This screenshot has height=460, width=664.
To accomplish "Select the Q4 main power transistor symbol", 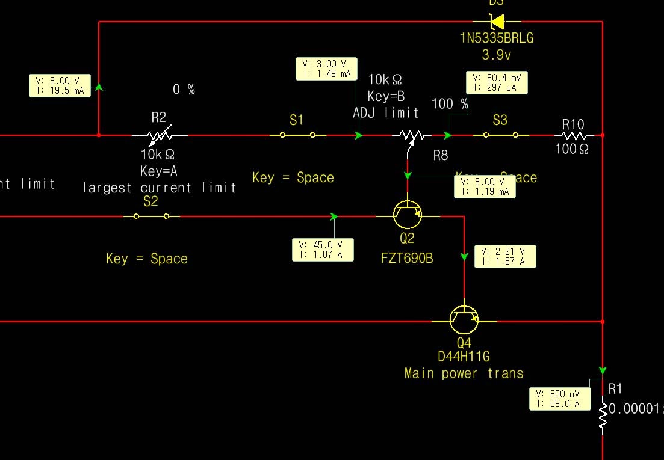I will pos(464,320).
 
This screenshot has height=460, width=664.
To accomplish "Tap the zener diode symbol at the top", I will pos(497,22).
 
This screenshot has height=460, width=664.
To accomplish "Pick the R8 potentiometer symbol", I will pos(409,136).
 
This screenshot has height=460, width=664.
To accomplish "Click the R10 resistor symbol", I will pos(572,135).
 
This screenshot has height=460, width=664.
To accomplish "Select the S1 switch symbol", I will pos(297,135).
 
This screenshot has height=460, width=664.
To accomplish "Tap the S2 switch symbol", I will pos(150,216).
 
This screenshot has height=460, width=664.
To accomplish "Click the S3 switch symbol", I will pos(500,135).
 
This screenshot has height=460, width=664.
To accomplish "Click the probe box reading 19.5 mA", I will pos(60,85).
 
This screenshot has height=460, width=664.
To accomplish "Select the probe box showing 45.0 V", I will pos(323,250).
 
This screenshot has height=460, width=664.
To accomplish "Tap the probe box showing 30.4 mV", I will pos(497,83).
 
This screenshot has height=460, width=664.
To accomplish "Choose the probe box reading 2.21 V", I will pos(505,256).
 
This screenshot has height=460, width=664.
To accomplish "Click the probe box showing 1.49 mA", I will pos(327,69).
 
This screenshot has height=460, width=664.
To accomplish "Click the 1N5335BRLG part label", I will pos(496,38).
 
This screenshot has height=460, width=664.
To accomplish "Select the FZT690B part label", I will pos(407,258).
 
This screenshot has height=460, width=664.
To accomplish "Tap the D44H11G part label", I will pos(464,357).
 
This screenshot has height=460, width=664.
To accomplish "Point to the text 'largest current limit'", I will pos(160,188).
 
